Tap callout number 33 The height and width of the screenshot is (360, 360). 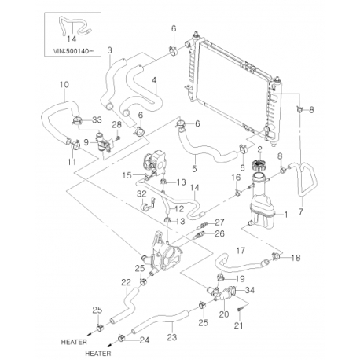tap(97, 120)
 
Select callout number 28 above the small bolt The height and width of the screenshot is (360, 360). tap(117, 126)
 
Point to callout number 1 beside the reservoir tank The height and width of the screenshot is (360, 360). tap(286, 215)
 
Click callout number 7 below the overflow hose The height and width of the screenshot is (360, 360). tap(300, 211)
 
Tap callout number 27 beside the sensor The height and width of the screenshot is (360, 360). tap(219, 222)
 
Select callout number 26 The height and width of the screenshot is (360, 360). tap(219, 233)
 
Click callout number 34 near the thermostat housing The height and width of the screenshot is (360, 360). tap(250, 290)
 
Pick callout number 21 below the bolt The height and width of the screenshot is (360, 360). tap(238, 325)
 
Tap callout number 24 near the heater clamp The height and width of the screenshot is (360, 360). tap(145, 340)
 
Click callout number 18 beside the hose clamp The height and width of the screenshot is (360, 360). tap(296, 258)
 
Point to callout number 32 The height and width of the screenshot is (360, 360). tap(141, 194)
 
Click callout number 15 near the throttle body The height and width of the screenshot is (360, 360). tap(127, 175)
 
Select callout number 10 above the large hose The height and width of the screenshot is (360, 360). tap(64, 85)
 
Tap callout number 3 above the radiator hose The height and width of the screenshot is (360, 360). tap(109, 50)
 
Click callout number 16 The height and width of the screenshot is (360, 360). tap(236, 178)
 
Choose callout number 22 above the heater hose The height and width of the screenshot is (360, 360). tap(126, 282)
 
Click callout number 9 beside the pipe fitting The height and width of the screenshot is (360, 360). tap(86, 142)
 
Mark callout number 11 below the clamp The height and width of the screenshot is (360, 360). tap(72, 162)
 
